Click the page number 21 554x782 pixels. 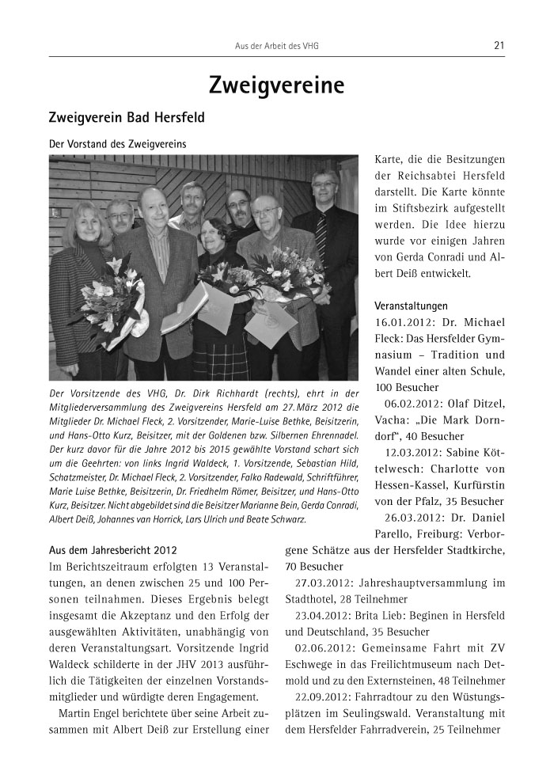click(x=499, y=45)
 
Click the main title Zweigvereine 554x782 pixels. click(x=276, y=84)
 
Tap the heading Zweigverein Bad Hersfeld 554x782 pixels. click(x=127, y=118)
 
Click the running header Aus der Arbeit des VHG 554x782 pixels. click(x=276, y=46)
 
